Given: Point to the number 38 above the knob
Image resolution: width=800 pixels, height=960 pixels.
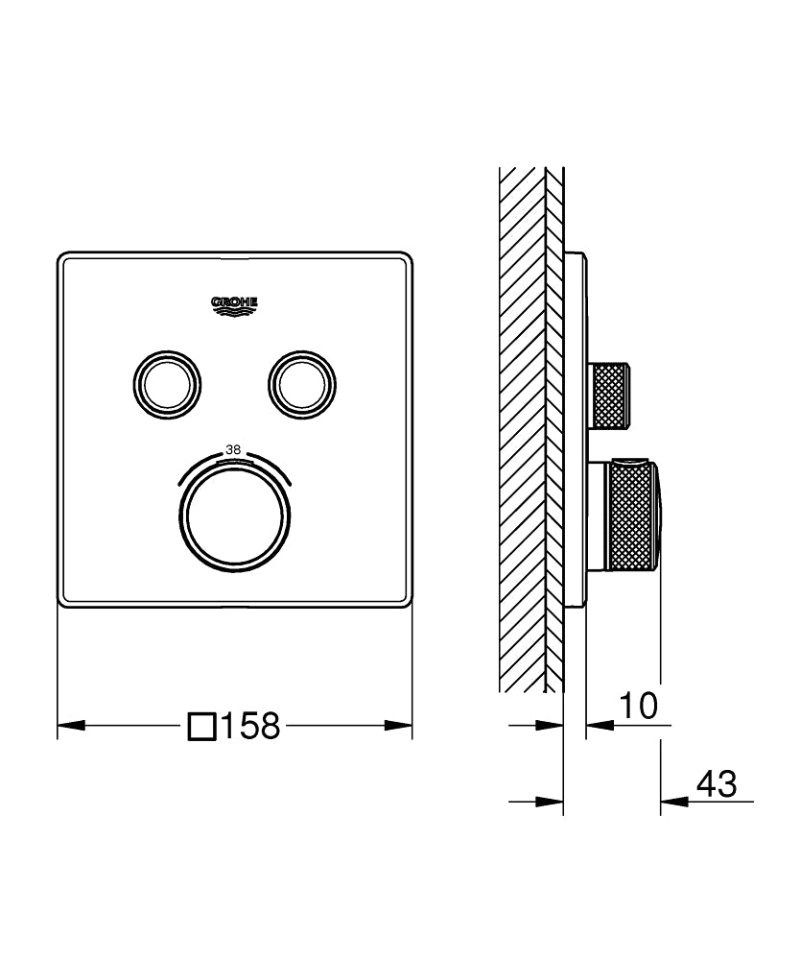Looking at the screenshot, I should (233, 449).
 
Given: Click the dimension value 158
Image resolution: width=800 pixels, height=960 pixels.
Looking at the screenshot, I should (250, 727).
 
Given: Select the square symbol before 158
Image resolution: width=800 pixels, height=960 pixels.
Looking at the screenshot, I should (201, 727).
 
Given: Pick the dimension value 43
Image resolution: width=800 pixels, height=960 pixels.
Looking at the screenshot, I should (716, 784).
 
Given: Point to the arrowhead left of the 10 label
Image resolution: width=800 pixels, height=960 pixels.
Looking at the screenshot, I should (595, 726).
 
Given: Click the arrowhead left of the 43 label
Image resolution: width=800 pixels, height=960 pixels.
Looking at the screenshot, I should (671, 801).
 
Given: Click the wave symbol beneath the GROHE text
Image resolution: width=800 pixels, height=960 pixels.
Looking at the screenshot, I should (235, 311).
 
